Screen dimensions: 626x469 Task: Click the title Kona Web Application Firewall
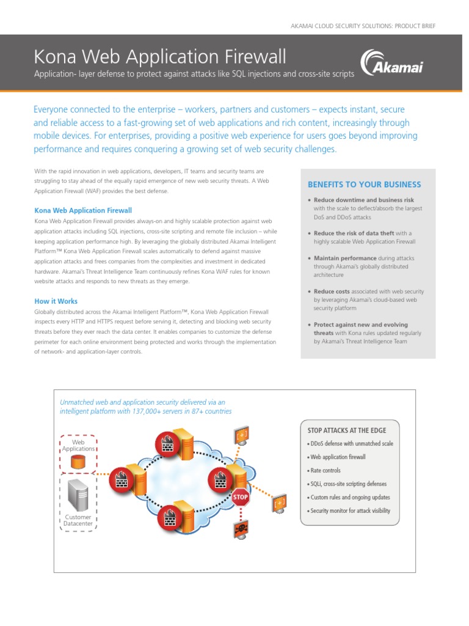click(159, 57)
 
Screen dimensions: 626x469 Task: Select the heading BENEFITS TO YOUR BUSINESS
click(364, 185)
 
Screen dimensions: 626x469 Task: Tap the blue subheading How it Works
click(56, 301)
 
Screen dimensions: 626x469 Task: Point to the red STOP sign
click(241, 497)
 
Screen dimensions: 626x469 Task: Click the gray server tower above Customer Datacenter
click(78, 495)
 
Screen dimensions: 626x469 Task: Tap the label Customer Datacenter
click(78, 520)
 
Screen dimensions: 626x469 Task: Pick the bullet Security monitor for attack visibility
click(349, 510)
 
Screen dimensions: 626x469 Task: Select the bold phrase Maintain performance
click(344, 259)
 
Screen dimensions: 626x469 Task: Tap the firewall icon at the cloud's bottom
click(169, 519)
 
